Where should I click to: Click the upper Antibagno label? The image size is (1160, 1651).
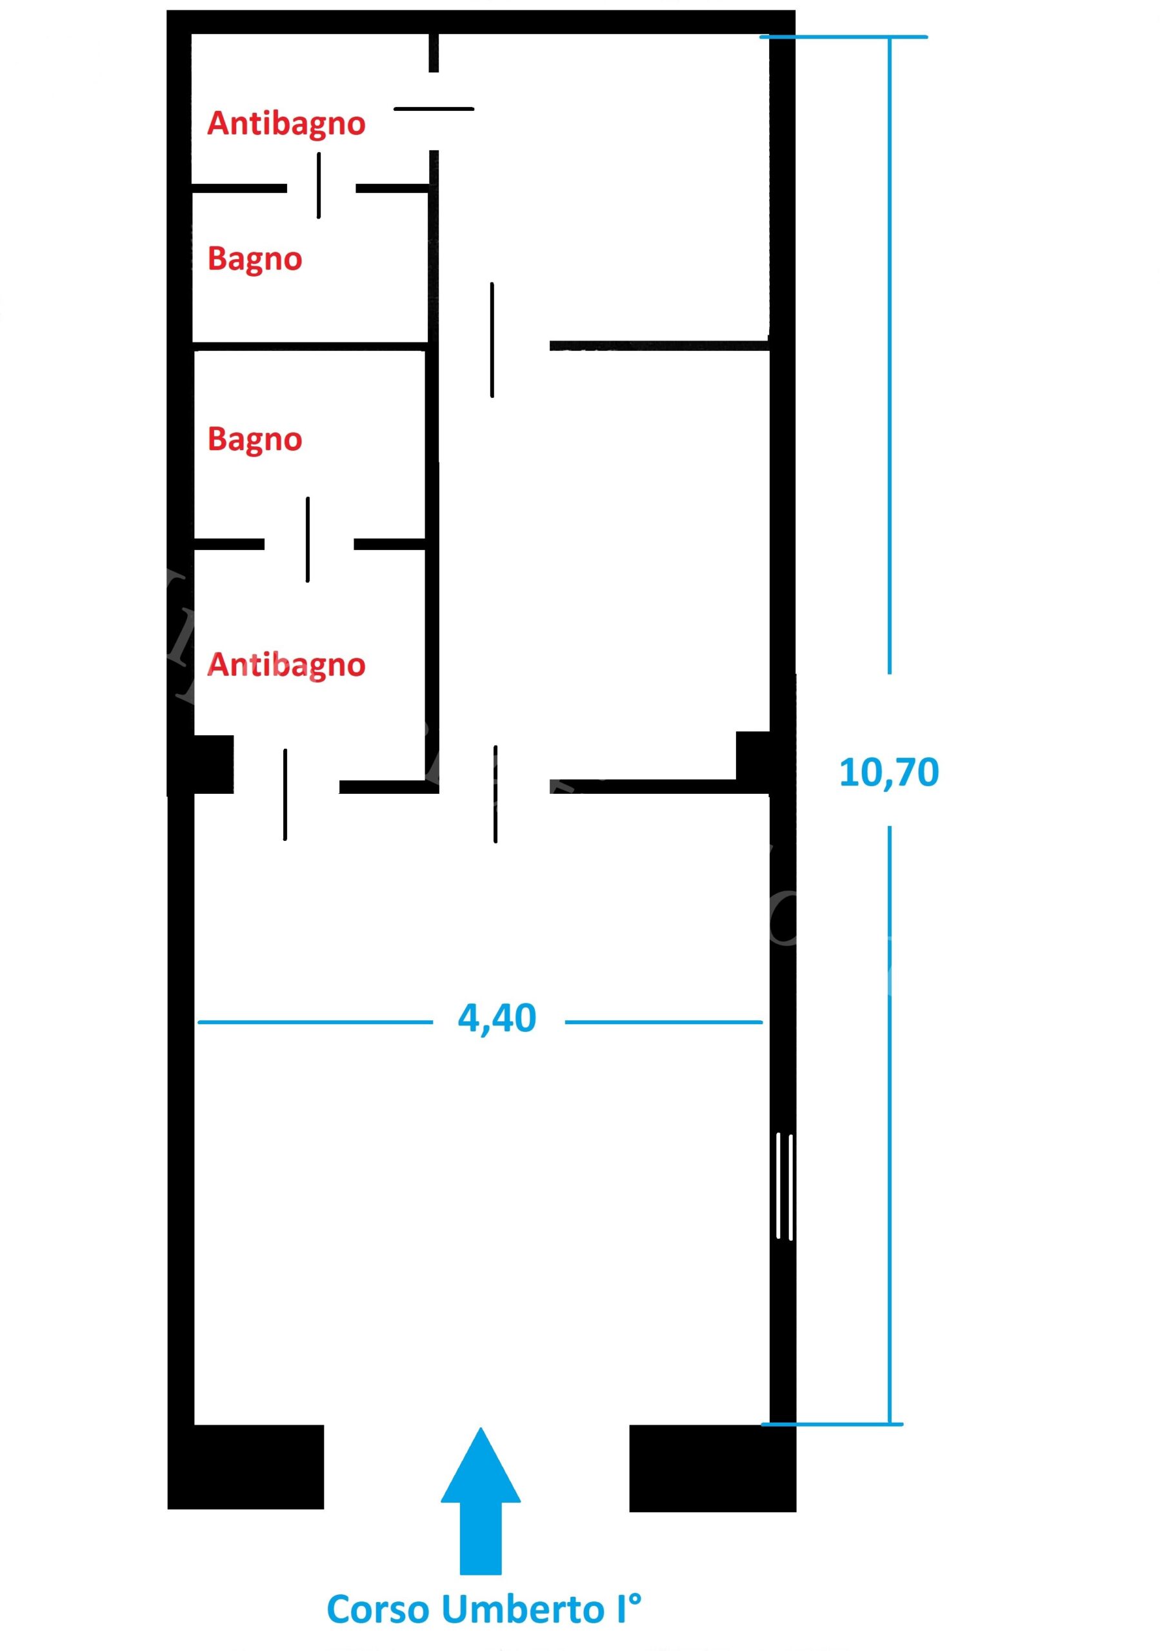286,124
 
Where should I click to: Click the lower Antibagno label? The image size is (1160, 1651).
286,664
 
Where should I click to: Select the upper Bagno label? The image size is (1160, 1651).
255,259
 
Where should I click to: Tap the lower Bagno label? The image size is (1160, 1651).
255,439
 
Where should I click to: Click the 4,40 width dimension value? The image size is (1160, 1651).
497,1019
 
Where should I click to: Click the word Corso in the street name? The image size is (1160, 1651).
377,1609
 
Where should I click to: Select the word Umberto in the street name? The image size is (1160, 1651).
522,1609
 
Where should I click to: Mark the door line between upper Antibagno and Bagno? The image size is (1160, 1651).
319,186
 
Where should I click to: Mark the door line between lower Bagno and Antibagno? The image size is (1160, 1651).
308,539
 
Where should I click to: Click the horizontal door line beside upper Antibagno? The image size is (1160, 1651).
434,109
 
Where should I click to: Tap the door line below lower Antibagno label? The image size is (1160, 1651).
285,795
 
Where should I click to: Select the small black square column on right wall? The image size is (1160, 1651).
753,755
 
